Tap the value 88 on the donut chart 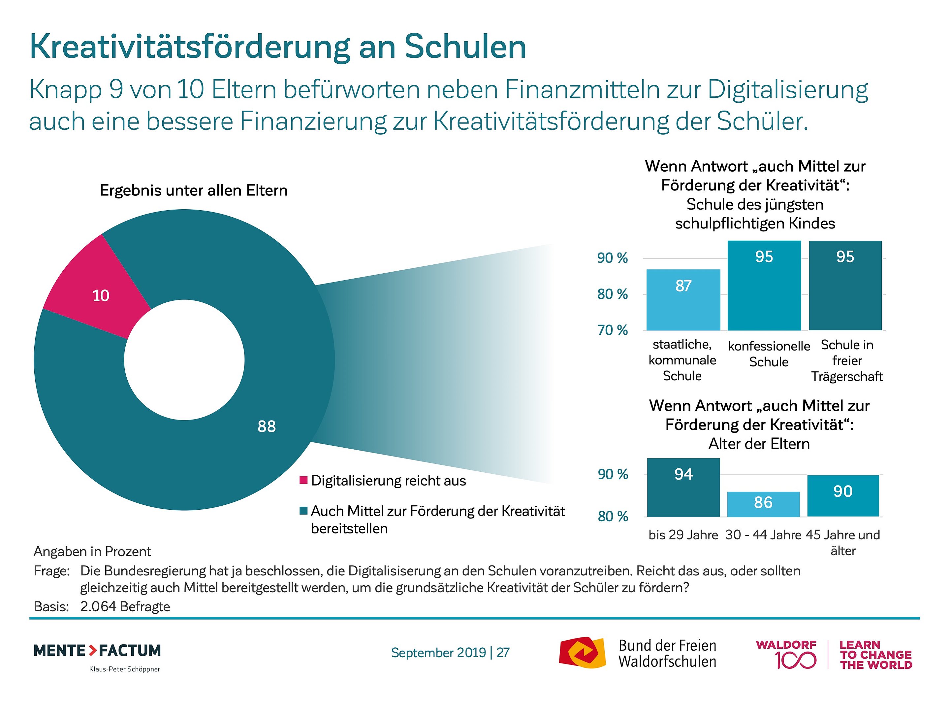pos(266,426)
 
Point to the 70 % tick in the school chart pos(613,330)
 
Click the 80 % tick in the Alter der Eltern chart pos(613,516)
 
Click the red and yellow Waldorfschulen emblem pos(582,652)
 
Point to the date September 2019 pos(438,652)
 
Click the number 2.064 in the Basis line pos(98,606)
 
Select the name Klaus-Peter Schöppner pos(125,669)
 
